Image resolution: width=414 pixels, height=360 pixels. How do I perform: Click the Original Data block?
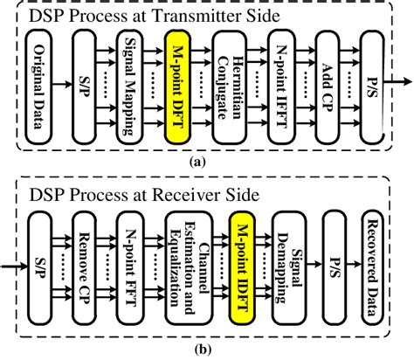38,85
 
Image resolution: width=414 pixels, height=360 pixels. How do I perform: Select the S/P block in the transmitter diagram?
86,85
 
